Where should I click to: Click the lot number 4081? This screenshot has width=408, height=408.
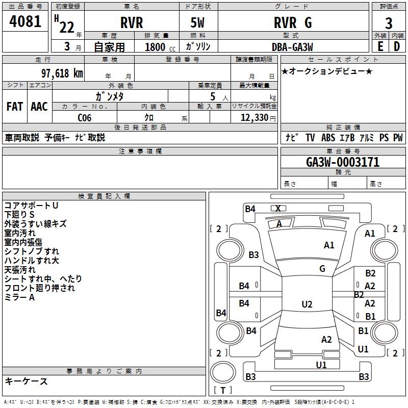click(x=26, y=22)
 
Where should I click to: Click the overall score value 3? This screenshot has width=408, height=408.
click(x=389, y=23)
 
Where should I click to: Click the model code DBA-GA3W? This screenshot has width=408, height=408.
click(x=293, y=46)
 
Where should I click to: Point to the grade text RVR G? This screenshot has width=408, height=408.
click(x=293, y=23)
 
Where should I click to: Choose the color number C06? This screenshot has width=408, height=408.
click(x=85, y=118)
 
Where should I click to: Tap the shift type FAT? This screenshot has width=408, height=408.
click(x=14, y=107)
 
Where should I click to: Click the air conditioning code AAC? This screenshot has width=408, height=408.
click(x=39, y=107)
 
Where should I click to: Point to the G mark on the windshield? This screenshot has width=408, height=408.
click(x=322, y=269)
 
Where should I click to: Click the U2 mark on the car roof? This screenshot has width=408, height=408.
click(x=307, y=304)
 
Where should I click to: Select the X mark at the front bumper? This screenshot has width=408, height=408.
click(x=278, y=208)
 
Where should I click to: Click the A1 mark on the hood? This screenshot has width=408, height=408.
click(x=329, y=245)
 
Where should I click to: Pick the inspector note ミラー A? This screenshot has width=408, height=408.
click(x=19, y=297)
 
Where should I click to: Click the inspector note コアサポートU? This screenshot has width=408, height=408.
click(x=31, y=206)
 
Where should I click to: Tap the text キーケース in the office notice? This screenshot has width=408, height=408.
click(x=26, y=381)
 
